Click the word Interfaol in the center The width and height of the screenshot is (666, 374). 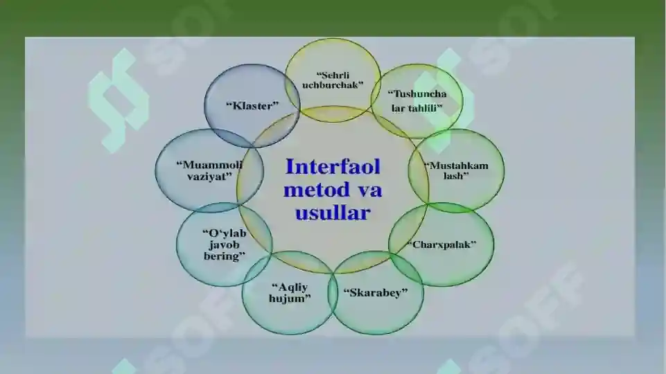333,166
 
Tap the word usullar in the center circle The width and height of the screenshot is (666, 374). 333,212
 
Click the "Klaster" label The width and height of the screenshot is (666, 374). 252,105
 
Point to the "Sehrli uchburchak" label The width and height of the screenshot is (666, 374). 333,80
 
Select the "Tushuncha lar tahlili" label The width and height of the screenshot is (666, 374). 417,100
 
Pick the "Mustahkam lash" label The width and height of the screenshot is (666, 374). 456,170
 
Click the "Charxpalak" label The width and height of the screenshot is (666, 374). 441,244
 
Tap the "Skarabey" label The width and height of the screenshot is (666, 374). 376,292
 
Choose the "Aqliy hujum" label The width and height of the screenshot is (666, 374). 290,293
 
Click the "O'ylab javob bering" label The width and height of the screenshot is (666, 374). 225,244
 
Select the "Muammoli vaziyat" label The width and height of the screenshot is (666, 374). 209,170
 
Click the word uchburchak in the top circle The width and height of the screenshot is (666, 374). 333,84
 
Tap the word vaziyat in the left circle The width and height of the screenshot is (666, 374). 209,176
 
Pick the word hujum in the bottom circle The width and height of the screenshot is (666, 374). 290,299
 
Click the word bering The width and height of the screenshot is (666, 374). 225,256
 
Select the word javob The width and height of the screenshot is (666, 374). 225,244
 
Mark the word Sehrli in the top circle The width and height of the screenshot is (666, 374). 333,75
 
